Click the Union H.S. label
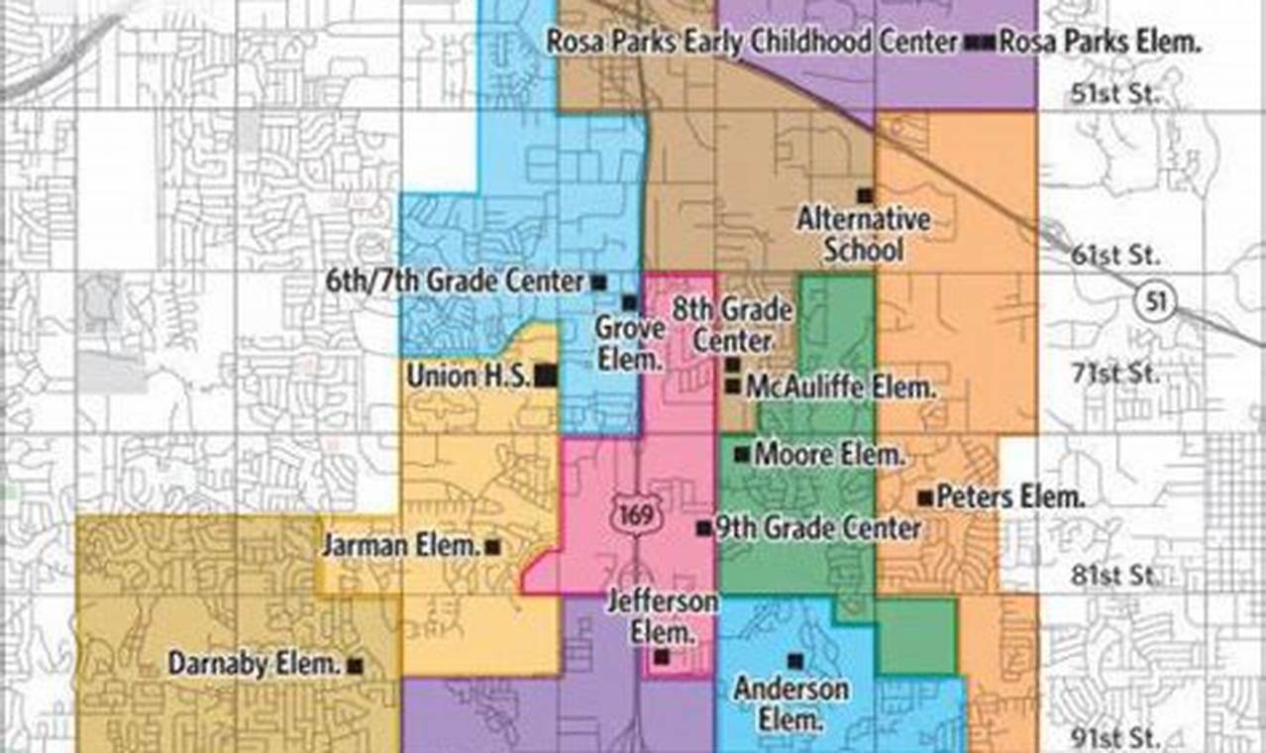click(x=470, y=376)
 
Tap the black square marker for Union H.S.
click(x=545, y=376)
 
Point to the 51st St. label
click(x=1115, y=96)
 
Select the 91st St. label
click(x=1115, y=737)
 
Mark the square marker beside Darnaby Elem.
click(x=355, y=666)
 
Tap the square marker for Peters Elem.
click(x=924, y=497)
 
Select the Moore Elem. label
click(x=829, y=456)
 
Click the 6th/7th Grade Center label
click(x=455, y=281)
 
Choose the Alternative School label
click(x=864, y=234)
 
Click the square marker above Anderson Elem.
click(x=793, y=660)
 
